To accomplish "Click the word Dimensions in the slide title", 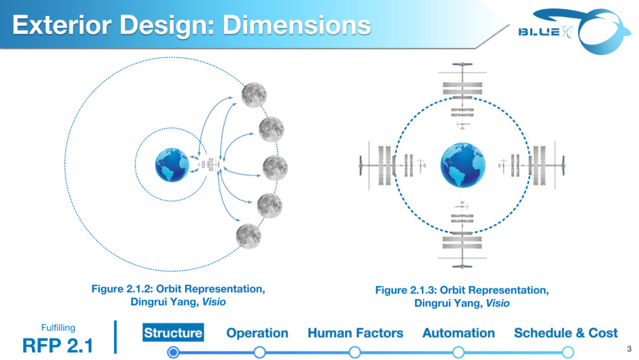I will click(x=296, y=25).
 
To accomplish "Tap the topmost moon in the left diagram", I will click(x=254, y=95).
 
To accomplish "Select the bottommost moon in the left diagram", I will click(x=248, y=236).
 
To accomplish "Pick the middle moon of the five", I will click(x=275, y=168).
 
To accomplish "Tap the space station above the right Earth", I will click(x=463, y=95).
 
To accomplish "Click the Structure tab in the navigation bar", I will click(x=173, y=333).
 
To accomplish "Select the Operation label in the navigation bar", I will click(x=257, y=333).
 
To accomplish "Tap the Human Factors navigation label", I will click(x=355, y=333).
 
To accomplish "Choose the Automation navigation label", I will click(x=459, y=333).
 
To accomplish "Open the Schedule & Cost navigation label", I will click(x=566, y=333).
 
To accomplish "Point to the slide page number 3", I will click(x=629, y=349).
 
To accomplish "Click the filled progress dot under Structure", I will click(x=173, y=352).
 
